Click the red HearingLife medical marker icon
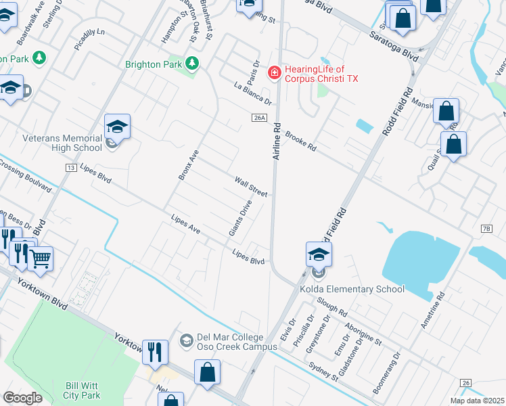275,72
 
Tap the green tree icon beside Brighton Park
193,64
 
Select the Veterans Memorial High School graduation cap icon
117,126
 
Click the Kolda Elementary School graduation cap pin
319,254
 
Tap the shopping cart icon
41,257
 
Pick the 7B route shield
486,229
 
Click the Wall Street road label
251,185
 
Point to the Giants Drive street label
240,217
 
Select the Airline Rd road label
276,140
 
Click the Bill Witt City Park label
82,390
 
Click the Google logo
22,398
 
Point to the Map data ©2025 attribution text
478,401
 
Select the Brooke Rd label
301,141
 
